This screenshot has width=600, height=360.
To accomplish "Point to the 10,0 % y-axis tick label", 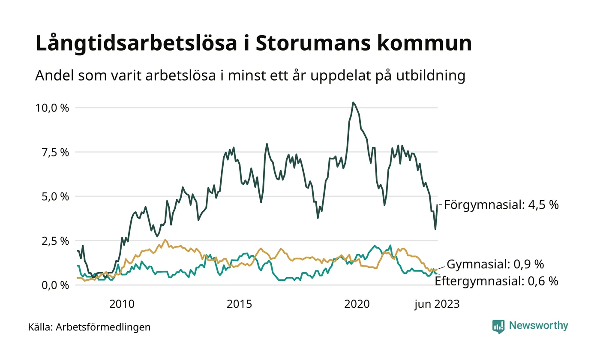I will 52,108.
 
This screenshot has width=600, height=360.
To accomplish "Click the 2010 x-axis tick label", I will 122,304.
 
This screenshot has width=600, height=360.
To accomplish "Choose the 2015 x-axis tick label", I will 240,304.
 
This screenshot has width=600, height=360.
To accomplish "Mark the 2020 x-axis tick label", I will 357,304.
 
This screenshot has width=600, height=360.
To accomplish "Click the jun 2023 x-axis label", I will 436,304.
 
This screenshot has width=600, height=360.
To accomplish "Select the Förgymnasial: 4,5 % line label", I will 501,205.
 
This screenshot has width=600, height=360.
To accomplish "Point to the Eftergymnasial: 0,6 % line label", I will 496,281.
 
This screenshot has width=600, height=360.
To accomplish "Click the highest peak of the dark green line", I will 353,102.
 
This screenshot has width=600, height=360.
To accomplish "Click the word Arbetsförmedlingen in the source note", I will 103,327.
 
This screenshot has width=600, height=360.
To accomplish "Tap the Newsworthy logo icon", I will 498,326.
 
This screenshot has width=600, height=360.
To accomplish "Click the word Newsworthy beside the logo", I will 538,326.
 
